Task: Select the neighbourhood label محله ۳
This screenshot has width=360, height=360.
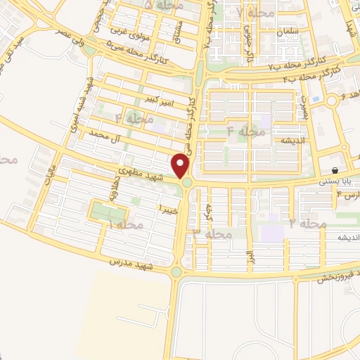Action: click(x=212, y=233)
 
